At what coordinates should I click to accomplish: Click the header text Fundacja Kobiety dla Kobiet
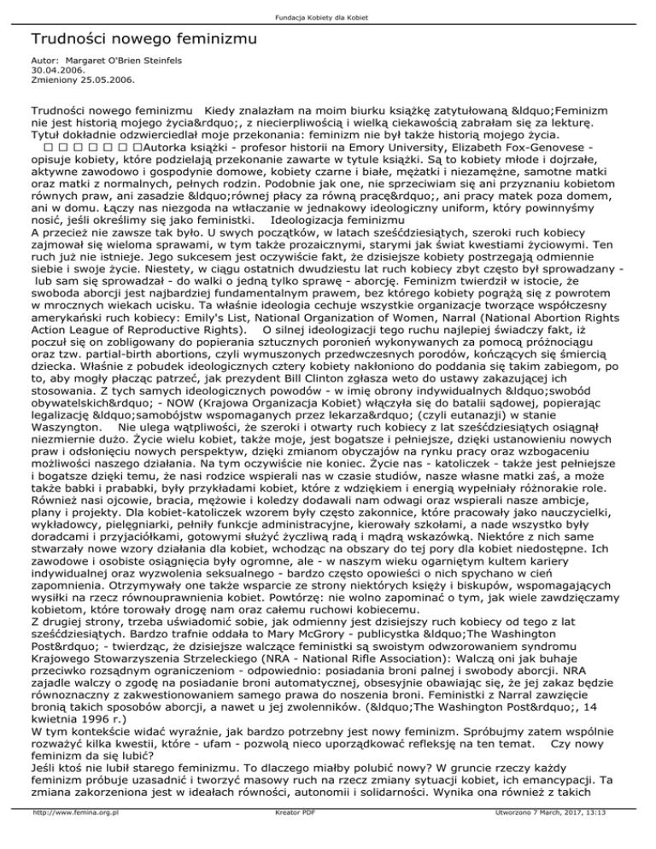click(x=328, y=9)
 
